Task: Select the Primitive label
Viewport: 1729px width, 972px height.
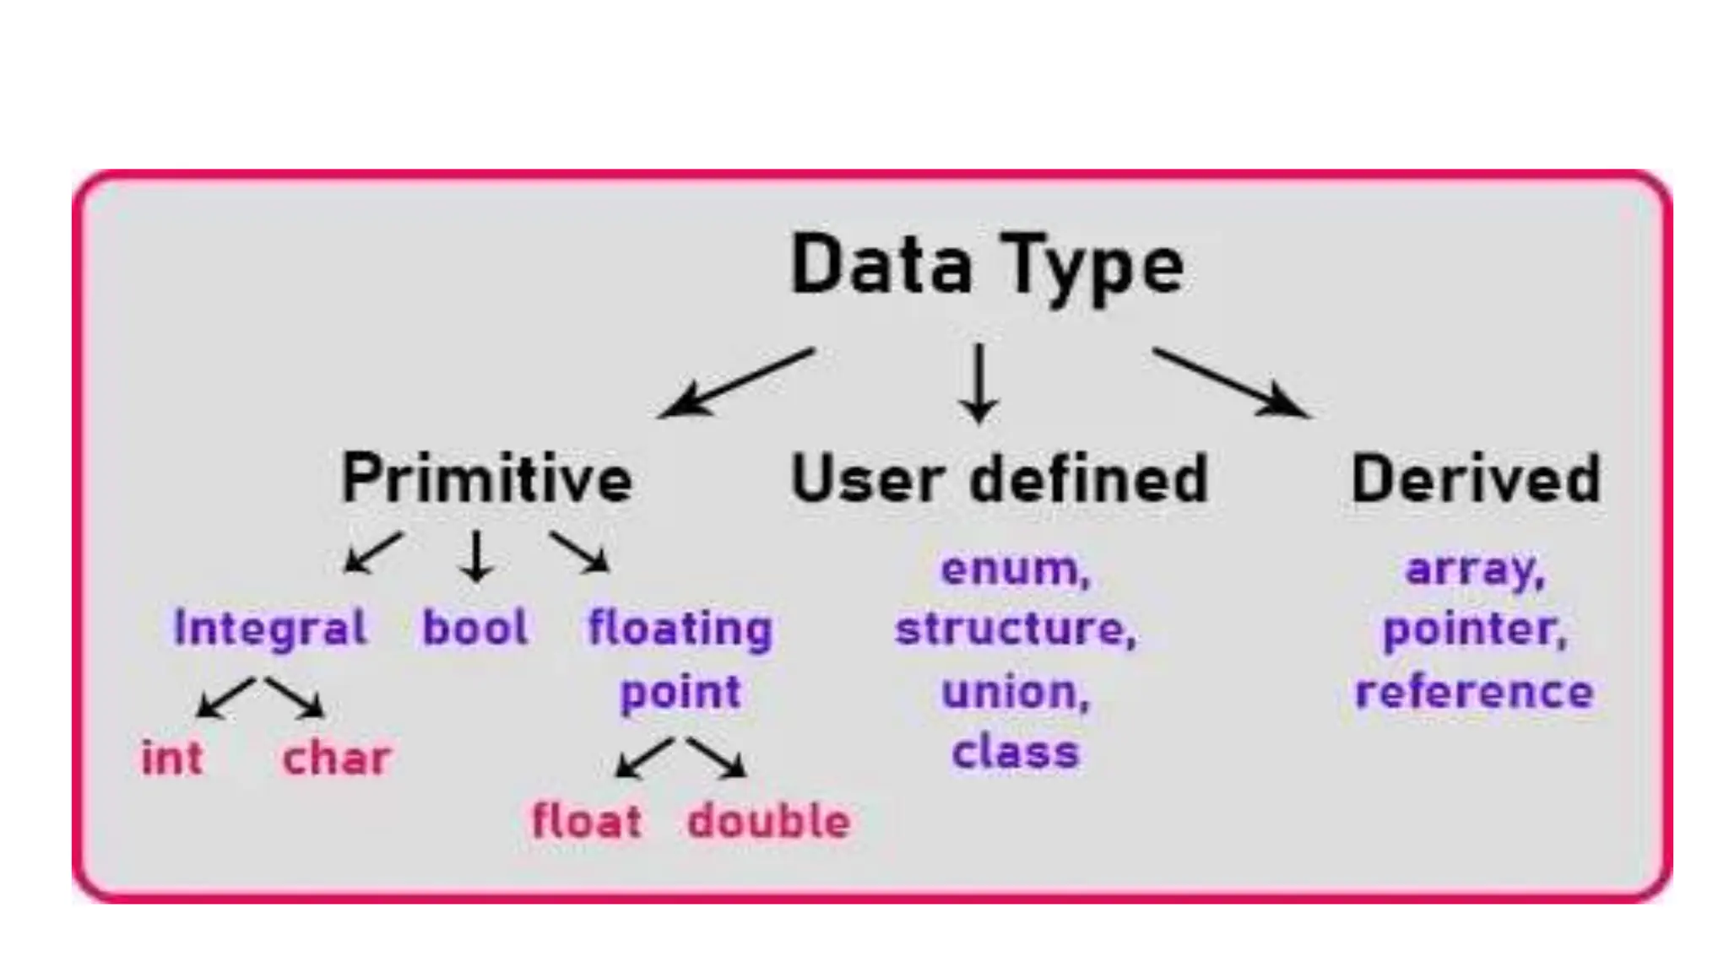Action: coord(486,478)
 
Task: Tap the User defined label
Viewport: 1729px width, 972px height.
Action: coord(999,478)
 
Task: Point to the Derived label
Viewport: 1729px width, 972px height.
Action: coord(1475,478)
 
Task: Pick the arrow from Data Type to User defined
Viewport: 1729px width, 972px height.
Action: coord(979,383)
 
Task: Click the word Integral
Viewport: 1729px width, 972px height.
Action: coord(270,629)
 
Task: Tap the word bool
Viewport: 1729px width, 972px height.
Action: coord(475,628)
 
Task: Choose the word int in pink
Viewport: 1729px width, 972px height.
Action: coord(171,757)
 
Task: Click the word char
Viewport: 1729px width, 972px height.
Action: coord(336,757)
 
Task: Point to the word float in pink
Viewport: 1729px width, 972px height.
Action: coord(586,821)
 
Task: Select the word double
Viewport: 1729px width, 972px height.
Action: coord(768,821)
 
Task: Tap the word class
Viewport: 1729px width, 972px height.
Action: coord(1016,752)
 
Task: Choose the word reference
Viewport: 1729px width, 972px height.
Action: coord(1474,692)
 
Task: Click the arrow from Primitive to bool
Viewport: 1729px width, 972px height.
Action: coord(477,556)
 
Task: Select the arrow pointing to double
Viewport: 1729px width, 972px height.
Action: coord(717,757)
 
